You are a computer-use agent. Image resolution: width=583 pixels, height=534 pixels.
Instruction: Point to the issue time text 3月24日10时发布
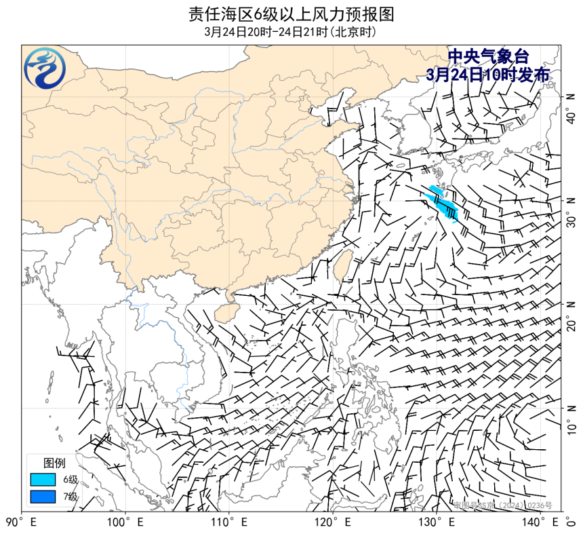pyautogui.click(x=487, y=75)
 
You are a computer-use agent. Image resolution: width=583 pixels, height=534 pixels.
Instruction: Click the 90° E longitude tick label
pyautogui.click(x=21, y=522)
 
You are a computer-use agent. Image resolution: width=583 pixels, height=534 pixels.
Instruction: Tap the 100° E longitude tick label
pyautogui.click(x=125, y=522)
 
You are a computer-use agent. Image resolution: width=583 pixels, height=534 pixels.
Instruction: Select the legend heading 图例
pyautogui.click(x=54, y=463)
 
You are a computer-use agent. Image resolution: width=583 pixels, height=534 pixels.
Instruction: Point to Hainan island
pyautogui.click(x=227, y=310)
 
